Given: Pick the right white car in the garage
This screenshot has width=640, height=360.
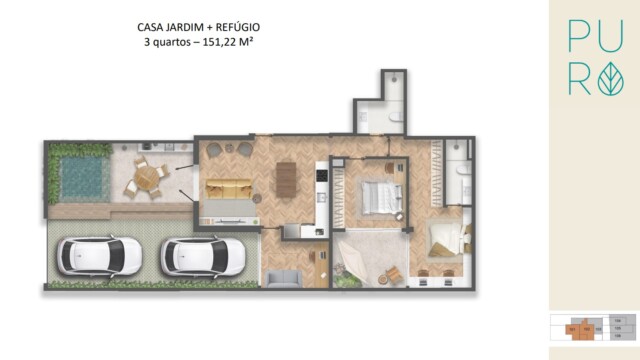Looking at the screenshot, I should pyautogui.click(x=203, y=256).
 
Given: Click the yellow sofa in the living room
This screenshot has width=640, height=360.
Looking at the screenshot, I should pyautogui.click(x=229, y=189).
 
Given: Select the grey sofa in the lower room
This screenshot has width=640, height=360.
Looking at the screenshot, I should pyautogui.click(x=284, y=277).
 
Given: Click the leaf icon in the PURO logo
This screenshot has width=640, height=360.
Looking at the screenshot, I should pyautogui.click(x=610, y=80).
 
